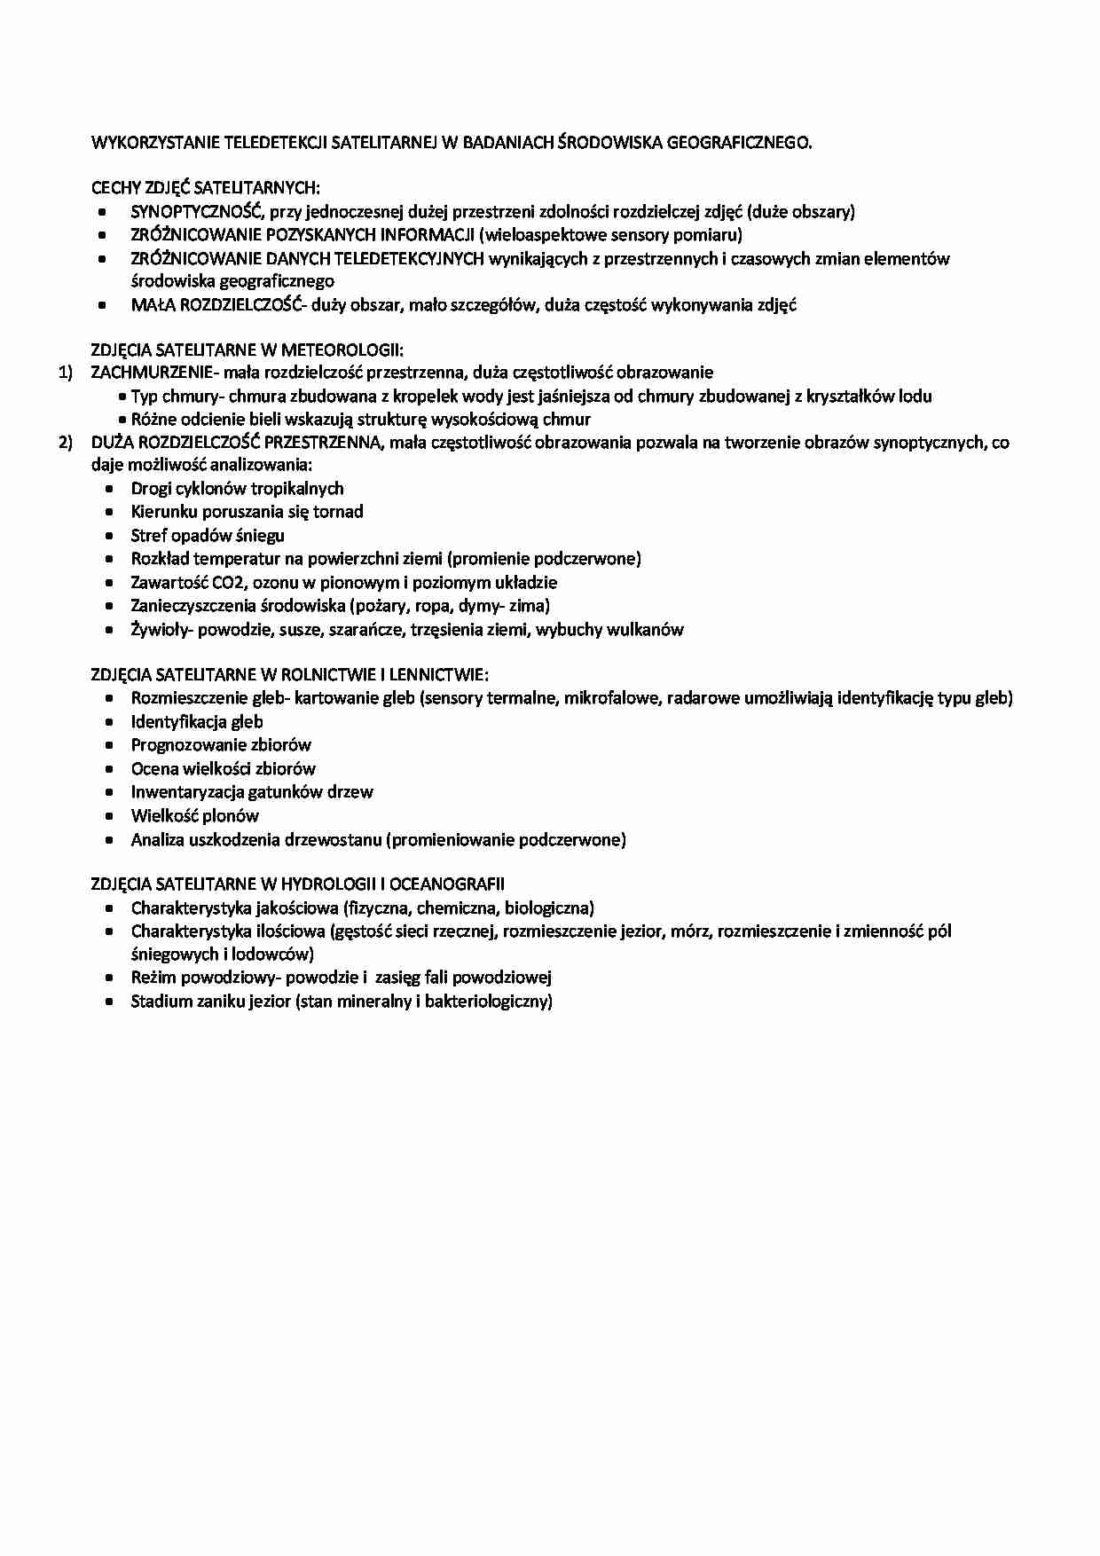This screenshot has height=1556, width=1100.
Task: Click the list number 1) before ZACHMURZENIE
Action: point(66,373)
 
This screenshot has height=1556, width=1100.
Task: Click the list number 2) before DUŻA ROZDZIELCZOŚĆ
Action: point(66,443)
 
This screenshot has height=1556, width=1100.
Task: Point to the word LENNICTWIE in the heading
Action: point(441,675)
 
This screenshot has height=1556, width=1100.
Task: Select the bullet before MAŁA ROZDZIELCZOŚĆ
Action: point(103,305)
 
